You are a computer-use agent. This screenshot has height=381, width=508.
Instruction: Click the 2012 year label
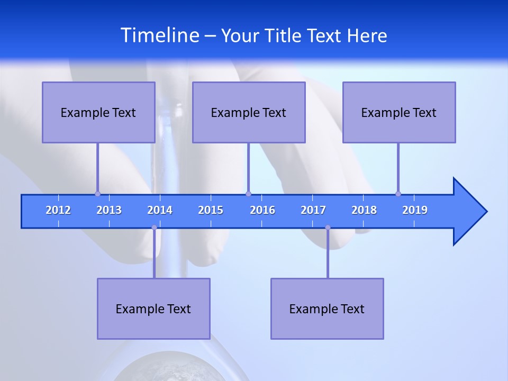pos(58,210)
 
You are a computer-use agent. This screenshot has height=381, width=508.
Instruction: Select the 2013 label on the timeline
pos(109,210)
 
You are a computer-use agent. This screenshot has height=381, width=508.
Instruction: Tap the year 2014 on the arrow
pos(160,210)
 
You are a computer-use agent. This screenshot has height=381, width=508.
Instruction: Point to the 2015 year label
pos(211,210)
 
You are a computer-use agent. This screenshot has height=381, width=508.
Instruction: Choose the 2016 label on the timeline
pos(262,210)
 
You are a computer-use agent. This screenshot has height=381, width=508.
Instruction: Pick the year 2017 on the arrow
pos(313,210)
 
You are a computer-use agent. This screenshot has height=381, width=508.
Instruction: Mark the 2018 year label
pos(364,210)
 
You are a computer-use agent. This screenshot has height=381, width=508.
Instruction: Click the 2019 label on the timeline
pos(415,210)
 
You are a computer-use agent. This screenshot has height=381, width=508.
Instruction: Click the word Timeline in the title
pos(159,35)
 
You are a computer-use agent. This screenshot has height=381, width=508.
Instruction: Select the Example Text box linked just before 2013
pos(98,112)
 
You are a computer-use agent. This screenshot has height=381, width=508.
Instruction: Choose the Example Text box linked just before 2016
pos(249,112)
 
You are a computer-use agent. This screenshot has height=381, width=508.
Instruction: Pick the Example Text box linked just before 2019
pos(399,112)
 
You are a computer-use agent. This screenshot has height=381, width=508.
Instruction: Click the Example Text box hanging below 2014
pos(153,309)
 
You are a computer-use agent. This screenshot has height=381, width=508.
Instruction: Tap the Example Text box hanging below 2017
pos(327,309)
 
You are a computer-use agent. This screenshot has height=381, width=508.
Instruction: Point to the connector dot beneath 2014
pos(154,228)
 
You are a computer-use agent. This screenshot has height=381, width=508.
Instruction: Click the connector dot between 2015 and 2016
pos(248,194)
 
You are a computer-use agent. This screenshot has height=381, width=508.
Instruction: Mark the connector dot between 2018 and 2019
pos(398,194)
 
